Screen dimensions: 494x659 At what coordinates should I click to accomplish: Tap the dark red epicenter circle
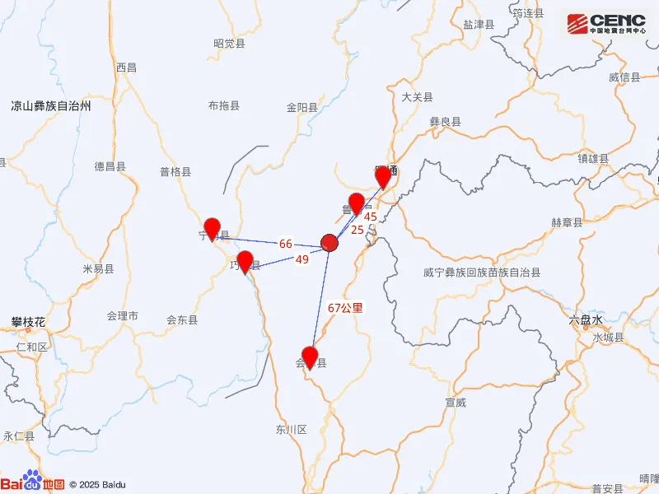click(x=329, y=243)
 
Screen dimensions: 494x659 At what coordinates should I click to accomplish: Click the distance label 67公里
click(x=345, y=308)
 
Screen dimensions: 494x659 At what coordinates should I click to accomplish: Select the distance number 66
click(x=286, y=244)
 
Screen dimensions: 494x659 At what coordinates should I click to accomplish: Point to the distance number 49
click(x=301, y=259)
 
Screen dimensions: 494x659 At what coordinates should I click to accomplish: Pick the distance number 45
click(x=370, y=217)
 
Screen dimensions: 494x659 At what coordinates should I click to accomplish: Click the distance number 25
click(x=358, y=230)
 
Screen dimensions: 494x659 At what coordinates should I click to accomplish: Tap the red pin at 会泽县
click(x=310, y=357)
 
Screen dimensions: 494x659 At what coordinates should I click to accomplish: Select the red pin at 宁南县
click(x=213, y=228)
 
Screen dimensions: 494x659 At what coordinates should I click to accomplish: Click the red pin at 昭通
click(x=383, y=176)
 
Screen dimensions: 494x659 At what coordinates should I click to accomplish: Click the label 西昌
click(x=126, y=68)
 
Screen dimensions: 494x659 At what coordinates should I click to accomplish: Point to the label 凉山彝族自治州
click(x=50, y=106)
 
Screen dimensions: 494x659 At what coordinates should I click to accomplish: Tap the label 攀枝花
click(x=28, y=321)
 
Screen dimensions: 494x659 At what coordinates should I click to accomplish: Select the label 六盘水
click(x=587, y=320)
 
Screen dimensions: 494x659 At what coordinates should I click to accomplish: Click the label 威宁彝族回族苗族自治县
click(x=482, y=272)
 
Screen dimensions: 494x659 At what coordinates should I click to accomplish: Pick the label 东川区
click(x=291, y=430)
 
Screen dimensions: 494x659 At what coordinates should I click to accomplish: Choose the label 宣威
click(x=456, y=403)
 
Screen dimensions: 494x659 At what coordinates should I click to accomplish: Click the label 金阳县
click(x=302, y=107)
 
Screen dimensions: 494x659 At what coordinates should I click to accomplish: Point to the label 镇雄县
click(x=592, y=158)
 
